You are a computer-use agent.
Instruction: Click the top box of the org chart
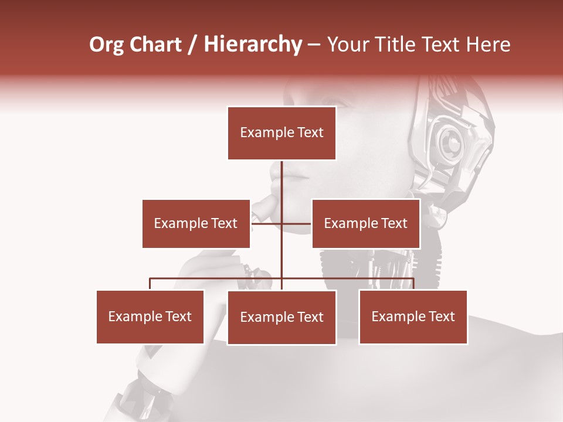pyautogui.click(x=281, y=133)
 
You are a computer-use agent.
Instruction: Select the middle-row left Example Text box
pyautogui.click(x=196, y=223)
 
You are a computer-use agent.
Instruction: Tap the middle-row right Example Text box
pyautogui.click(x=365, y=223)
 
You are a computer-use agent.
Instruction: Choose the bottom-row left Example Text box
pyautogui.click(x=150, y=316)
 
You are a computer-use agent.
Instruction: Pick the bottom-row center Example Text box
pyautogui.click(x=281, y=317)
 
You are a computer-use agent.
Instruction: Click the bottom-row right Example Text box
pyautogui.click(x=413, y=316)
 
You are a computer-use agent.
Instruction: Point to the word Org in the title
pyautogui.click(x=106, y=45)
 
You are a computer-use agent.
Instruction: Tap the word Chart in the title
pyautogui.click(x=155, y=45)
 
